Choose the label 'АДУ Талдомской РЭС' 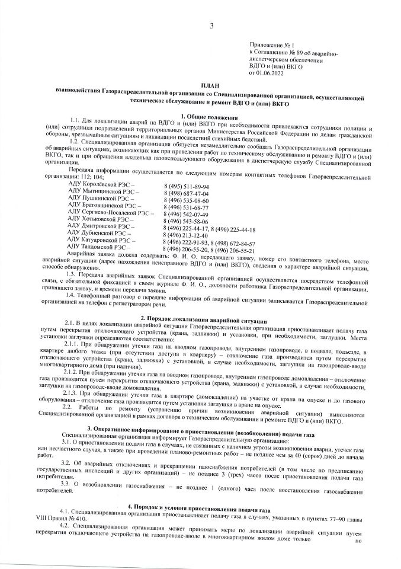100,246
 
